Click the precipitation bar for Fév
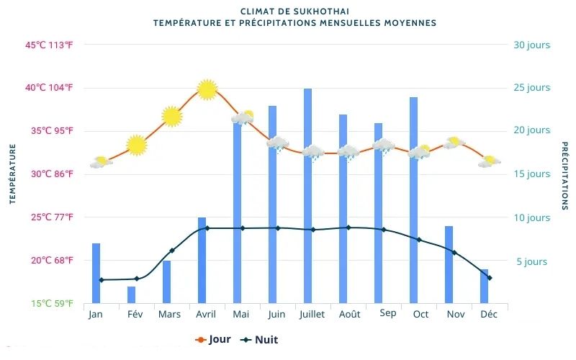point(131,294)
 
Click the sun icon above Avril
point(207,89)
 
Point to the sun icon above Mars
point(171,116)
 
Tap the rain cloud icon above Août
point(348,153)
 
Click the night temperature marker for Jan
point(102,280)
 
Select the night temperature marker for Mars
point(172,251)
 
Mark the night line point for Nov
point(454,252)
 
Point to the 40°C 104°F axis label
point(50,88)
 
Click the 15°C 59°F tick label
point(52,304)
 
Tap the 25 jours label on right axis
point(531,88)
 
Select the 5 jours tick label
point(531,262)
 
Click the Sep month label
point(387,313)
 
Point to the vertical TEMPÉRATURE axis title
point(12,174)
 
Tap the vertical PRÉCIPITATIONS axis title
point(564,176)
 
